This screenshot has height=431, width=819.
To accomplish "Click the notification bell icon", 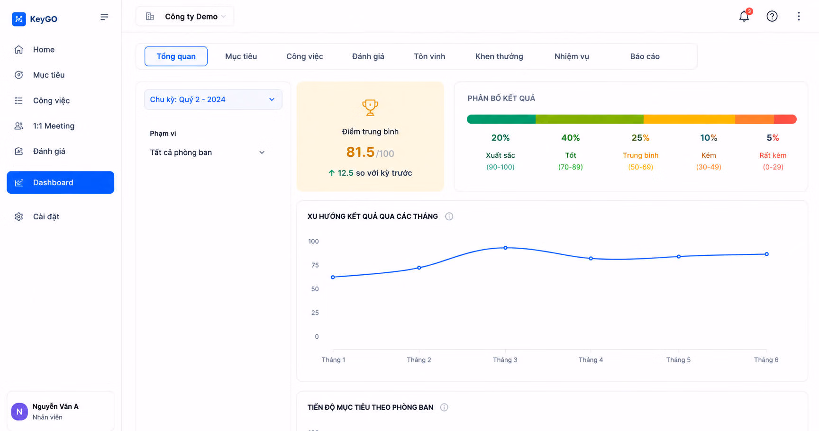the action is (744, 16).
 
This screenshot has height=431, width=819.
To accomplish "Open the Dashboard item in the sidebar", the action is (60, 182).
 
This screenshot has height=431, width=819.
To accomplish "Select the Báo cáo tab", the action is (645, 56).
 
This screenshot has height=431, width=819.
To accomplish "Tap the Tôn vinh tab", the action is (429, 56).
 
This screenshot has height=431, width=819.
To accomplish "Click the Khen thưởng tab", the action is (499, 56).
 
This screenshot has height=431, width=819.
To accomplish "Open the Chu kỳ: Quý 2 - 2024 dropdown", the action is (213, 99).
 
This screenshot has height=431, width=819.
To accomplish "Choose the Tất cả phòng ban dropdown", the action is (207, 153).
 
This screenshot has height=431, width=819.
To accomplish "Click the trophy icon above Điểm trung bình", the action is (370, 108).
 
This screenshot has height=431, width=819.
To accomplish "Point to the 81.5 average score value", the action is (360, 152).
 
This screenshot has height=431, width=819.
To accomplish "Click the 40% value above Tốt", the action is (570, 138).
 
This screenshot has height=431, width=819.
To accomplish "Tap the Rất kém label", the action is (773, 155).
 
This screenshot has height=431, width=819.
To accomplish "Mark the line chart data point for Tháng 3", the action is (505, 248).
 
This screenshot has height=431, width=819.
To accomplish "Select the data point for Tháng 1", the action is (333, 277).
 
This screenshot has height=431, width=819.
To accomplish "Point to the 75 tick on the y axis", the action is (315, 265).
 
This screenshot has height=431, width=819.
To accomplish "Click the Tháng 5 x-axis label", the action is (678, 360).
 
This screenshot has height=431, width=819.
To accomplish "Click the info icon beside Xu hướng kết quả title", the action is (449, 216).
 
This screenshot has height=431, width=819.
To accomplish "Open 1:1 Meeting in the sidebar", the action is (54, 126).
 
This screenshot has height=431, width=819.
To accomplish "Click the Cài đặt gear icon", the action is (19, 216).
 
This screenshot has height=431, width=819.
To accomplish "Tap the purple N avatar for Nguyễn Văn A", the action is (19, 412).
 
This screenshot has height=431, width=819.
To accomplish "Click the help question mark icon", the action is (772, 16).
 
